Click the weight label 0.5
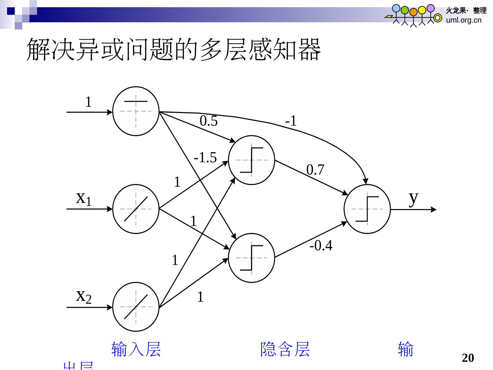[x=208, y=121]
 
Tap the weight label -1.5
[x=205, y=158]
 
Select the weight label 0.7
[x=315, y=170]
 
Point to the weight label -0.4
[x=321, y=245]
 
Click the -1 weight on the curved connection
[x=291, y=121]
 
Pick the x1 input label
[x=84, y=198]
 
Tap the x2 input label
[x=84, y=296]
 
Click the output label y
[x=414, y=198]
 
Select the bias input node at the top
[x=136, y=111]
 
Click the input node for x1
[x=136, y=209]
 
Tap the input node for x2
[x=136, y=307]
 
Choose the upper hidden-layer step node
[x=252, y=160]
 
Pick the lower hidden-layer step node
[x=252, y=258]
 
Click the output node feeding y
[x=367, y=209]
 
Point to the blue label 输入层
[x=136, y=349]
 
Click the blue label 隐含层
[x=285, y=349]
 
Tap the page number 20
[x=468, y=358]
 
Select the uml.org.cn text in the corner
[x=464, y=20]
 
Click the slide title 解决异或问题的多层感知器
[x=174, y=50]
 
